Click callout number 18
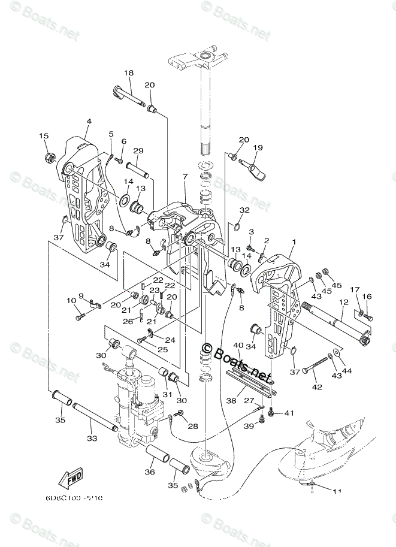pyautogui.click(x=129, y=73)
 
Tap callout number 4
pyautogui.click(x=88, y=122)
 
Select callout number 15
pyautogui.click(x=43, y=135)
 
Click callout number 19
pyautogui.click(x=258, y=147)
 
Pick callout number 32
pyautogui.click(x=244, y=210)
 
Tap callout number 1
pyautogui.click(x=294, y=242)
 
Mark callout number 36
pyautogui.click(x=150, y=472)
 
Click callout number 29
pyautogui.click(x=138, y=150)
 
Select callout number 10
pyautogui.click(x=71, y=300)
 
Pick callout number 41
pyautogui.click(x=289, y=413)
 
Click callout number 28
pyautogui.click(x=192, y=426)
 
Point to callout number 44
pyautogui.click(x=347, y=371)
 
